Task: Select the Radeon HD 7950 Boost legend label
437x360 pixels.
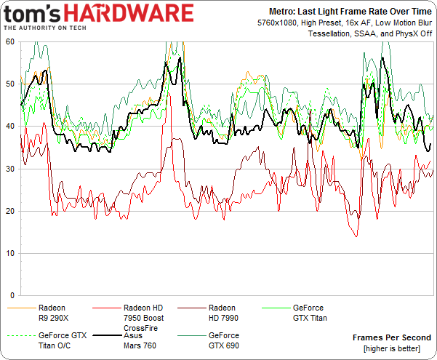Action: (143, 313)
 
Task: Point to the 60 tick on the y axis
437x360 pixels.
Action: (10, 42)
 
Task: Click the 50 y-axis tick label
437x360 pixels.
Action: (10, 84)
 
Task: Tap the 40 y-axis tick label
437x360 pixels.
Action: (10, 127)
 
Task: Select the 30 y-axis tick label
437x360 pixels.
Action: (10, 169)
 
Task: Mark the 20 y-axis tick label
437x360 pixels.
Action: (10, 211)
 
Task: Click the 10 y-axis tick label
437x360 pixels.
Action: (10, 253)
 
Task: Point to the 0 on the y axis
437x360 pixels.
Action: (12, 295)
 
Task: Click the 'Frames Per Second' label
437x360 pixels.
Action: (391, 337)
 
